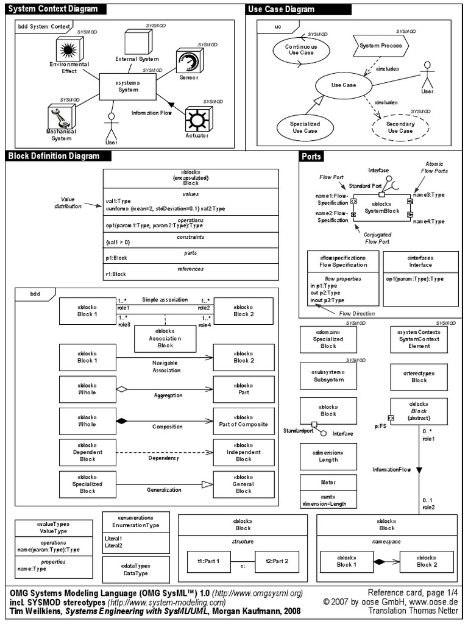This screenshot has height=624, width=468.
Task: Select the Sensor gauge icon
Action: pyautogui.click(x=185, y=63)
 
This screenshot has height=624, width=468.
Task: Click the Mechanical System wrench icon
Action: pyautogui.click(x=62, y=115)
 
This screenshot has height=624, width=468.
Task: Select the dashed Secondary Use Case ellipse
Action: pyautogui.click(x=399, y=127)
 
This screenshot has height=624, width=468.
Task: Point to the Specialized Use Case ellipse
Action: pyautogui.click(x=305, y=127)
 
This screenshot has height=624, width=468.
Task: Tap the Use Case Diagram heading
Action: pyautogui.click(x=282, y=9)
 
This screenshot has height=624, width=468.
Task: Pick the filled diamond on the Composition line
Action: pyautogui.click(x=121, y=420)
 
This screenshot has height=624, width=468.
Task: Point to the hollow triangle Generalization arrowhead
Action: pyautogui.click(x=207, y=483)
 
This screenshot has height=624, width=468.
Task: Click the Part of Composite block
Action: pyautogui.click(x=243, y=420)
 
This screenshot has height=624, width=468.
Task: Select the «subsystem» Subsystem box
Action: pyautogui.click(x=328, y=376)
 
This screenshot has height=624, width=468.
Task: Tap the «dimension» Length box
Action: pyautogui.click(x=328, y=457)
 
